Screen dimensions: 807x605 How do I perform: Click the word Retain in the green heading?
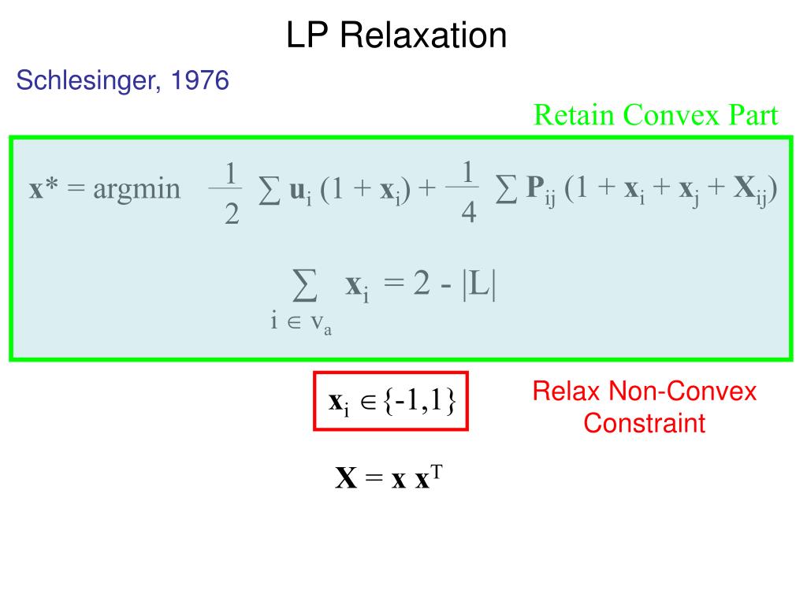coord(575,116)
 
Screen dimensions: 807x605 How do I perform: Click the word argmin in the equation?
coord(136,189)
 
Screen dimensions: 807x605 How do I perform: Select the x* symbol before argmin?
coord(45,189)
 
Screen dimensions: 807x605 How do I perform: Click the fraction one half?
coord(230,193)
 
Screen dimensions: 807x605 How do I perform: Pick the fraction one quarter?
coord(468,193)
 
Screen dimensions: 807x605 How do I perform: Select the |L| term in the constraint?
coord(479,285)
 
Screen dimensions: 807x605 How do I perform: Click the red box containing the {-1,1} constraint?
coord(392,401)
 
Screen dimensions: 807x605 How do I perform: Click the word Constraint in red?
coord(644,424)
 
